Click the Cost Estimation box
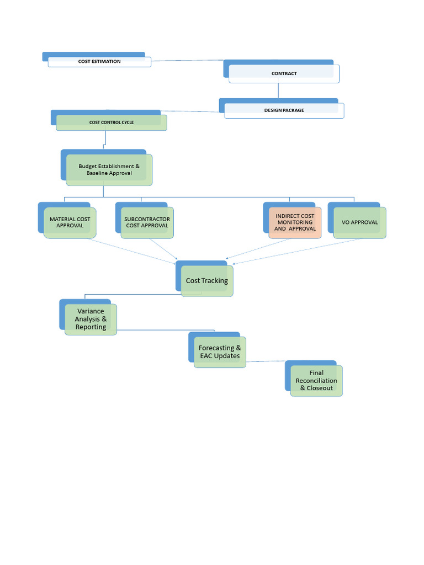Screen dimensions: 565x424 pos(99,61)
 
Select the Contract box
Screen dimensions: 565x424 pos(284,73)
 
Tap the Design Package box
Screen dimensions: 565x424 pos(284,110)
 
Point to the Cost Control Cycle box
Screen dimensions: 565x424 pos(111,122)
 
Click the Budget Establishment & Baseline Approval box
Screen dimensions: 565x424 pos(109,169)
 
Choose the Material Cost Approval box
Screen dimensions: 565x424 pos(70,222)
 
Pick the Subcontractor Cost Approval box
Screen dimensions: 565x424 pos(147,222)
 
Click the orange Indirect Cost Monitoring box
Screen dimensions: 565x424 pos(295,222)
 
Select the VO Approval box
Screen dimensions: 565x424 pos(359,222)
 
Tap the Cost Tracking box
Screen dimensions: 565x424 pos(207,281)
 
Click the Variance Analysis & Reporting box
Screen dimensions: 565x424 pos(91,319)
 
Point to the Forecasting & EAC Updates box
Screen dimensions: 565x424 pos(220,352)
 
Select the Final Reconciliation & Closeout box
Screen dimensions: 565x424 pos(316,381)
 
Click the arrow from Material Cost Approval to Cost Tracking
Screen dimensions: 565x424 pos(132,249)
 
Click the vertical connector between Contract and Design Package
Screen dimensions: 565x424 pos(278,90)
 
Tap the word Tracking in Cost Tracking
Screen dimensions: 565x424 pos(215,281)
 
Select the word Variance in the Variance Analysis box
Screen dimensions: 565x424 pos(91,312)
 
